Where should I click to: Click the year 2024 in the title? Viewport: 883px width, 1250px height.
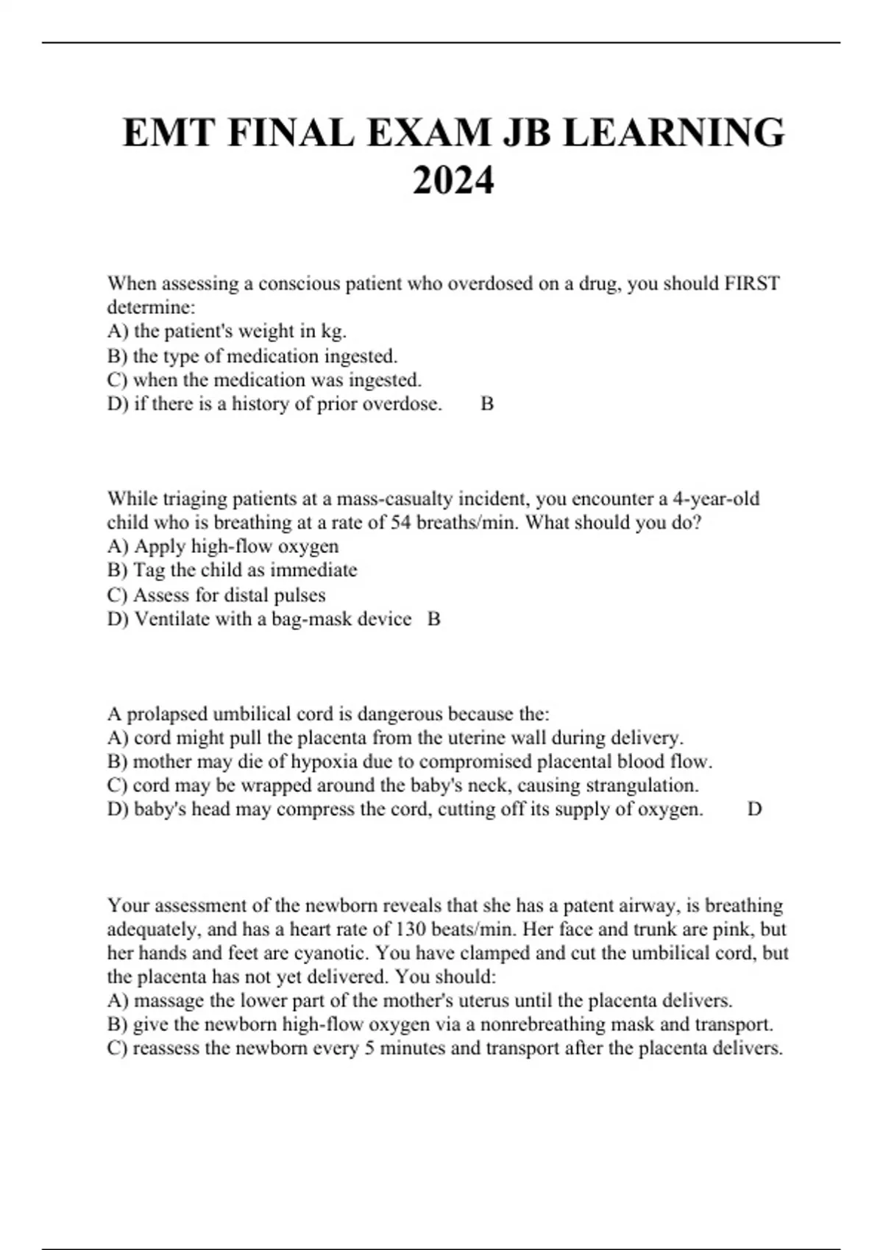point(453,180)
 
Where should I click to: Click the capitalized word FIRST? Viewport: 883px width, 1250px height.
point(752,284)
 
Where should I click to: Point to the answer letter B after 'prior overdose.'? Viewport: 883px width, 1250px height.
point(487,404)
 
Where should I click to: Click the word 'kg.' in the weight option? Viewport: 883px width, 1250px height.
point(333,332)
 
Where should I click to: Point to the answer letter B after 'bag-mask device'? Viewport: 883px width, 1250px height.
point(434,619)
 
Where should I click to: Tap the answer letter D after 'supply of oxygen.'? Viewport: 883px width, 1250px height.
point(754,810)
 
